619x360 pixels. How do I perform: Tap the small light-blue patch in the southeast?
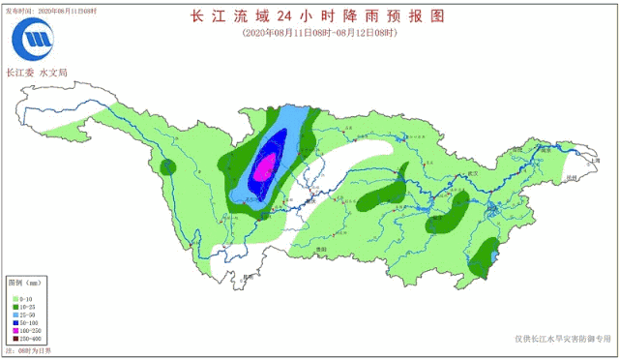click(495, 255)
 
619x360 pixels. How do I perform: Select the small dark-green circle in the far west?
click(168, 166)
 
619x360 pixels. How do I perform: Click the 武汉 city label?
click(473, 172)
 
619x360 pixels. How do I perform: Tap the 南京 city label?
click(545, 151)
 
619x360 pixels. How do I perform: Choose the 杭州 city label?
click(572, 178)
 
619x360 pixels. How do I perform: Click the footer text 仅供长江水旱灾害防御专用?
click(564, 339)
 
